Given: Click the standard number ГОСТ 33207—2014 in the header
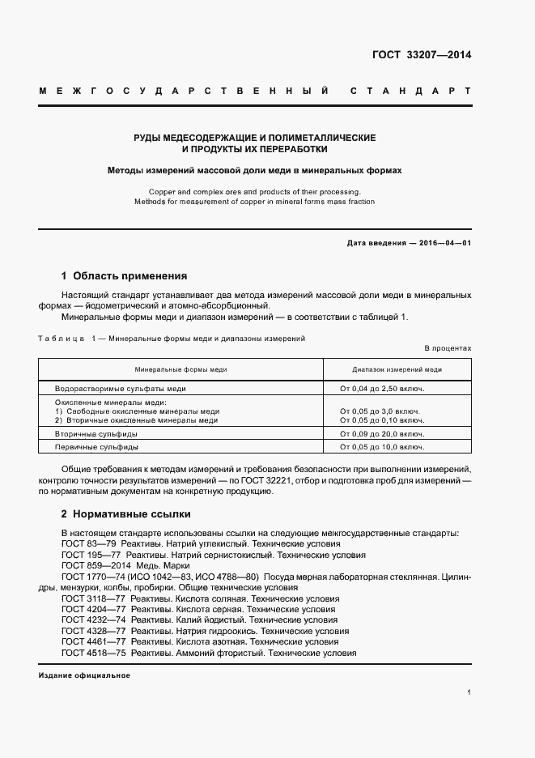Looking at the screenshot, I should [421, 56].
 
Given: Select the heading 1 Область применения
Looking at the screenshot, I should [124, 275].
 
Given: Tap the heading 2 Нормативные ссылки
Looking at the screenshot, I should [126, 513].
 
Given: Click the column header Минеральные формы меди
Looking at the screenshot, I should [180, 368].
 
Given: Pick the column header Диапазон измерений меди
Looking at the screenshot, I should [397, 368].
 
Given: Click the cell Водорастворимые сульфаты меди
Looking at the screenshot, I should [120, 389].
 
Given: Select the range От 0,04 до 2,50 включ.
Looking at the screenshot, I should [382, 389].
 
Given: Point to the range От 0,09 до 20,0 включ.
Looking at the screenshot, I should [382, 434].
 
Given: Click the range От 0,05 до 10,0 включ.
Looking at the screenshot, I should [382, 447].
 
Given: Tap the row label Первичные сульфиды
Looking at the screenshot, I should [96, 447].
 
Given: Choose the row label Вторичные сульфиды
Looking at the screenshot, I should [96, 434].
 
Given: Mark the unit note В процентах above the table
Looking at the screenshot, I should [448, 347].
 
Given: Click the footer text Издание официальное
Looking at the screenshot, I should [84, 675].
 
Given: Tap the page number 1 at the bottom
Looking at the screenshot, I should [469, 692].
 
